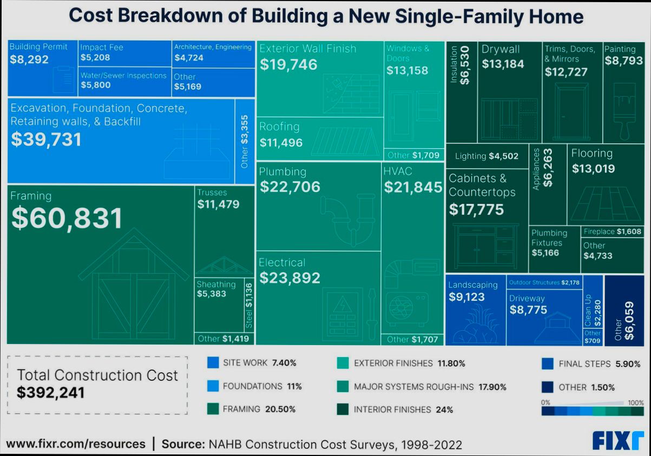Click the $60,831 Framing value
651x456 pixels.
(67, 218)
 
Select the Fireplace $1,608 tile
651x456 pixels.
(612, 232)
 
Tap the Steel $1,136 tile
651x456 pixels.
(249, 305)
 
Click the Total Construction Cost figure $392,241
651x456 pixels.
(51, 393)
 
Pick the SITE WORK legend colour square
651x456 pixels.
(213, 363)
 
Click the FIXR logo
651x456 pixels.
(618, 440)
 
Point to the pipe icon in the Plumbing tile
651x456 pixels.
(346, 219)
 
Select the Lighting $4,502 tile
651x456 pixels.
(486, 156)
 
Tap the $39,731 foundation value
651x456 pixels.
(46, 140)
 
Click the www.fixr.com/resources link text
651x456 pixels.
(76, 444)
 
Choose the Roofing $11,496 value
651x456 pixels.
(281, 143)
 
